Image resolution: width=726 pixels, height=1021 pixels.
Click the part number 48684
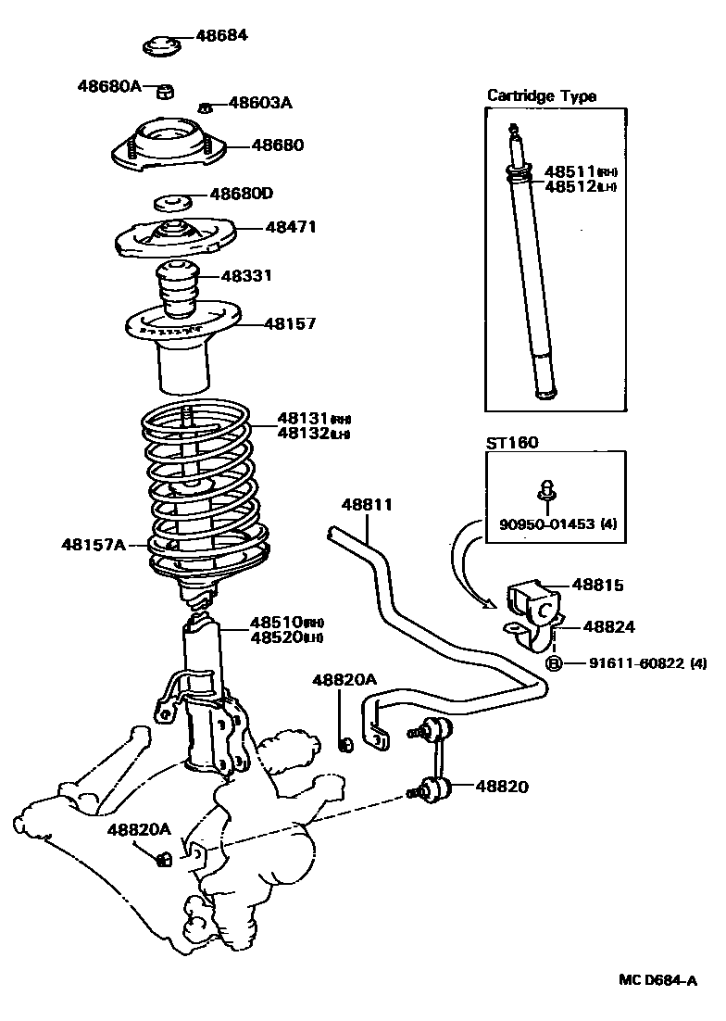pos(222,36)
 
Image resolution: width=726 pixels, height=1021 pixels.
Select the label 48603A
pos(260,103)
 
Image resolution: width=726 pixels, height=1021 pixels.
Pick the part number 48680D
pos(241,194)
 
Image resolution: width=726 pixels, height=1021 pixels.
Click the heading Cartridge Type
pos(542,95)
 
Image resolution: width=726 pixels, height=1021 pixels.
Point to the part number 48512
pos(570,186)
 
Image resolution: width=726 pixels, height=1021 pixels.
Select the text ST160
pos(512,443)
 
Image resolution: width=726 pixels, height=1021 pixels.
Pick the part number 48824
pos(608,627)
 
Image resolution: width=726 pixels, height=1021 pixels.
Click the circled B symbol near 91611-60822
pos(553,662)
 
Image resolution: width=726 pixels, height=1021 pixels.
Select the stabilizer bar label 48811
pos(367,505)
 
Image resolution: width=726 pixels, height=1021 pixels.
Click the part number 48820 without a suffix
pos(502,787)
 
